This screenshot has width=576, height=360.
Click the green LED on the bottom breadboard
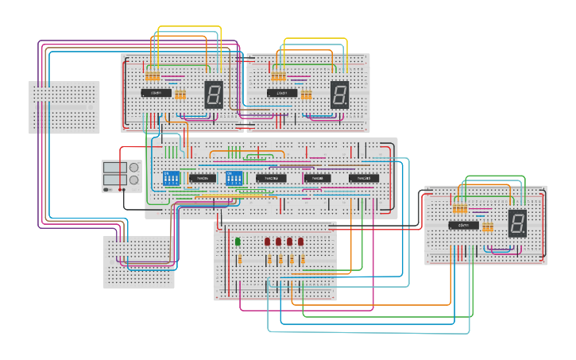(238, 242)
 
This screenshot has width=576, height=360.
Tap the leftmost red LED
(268, 242)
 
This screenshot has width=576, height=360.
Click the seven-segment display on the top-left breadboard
(213, 95)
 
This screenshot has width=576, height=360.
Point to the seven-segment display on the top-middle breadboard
(339, 95)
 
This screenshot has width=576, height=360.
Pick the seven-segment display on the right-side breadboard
(517, 223)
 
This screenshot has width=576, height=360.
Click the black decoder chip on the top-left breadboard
(156, 93)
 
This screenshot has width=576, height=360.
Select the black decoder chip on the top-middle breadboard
(281, 93)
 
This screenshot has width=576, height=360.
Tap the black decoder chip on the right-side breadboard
(464, 226)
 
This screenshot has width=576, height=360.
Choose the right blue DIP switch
(234, 178)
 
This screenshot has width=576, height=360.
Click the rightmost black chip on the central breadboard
(363, 178)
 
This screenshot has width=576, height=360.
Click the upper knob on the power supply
(133, 168)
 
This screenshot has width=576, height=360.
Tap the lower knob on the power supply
(133, 180)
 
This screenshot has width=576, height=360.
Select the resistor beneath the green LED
(238, 260)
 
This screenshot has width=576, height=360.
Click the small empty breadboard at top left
(64, 107)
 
